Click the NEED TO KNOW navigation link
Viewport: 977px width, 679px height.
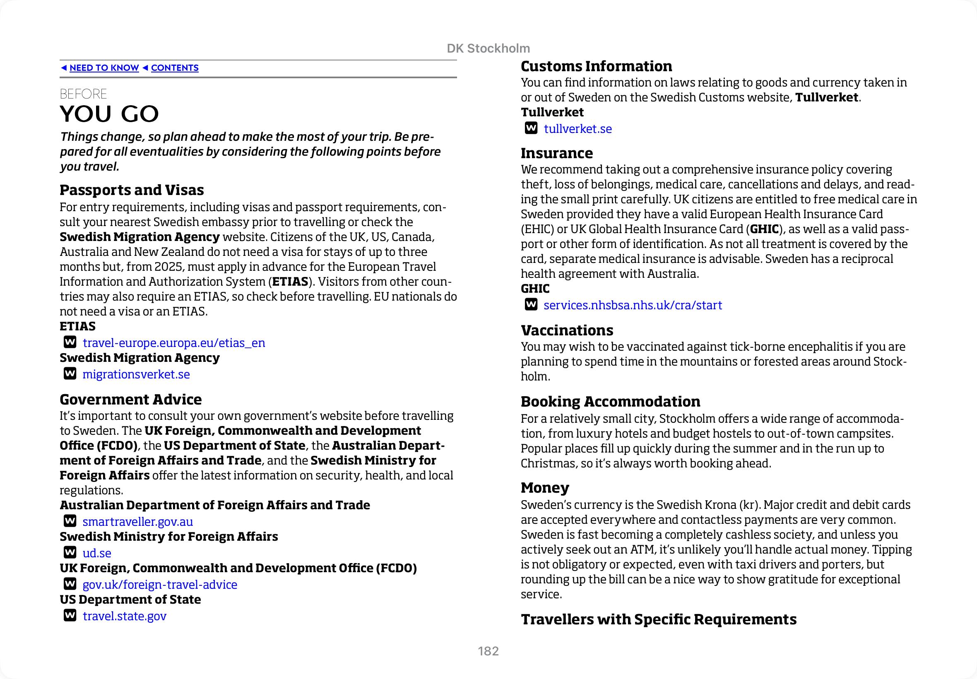coord(104,68)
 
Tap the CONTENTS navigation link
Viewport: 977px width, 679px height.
coord(174,68)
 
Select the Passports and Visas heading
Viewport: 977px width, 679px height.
coord(131,190)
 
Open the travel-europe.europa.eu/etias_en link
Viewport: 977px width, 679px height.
coord(173,343)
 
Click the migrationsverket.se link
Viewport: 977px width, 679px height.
coord(136,374)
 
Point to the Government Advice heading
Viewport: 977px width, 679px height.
coord(130,400)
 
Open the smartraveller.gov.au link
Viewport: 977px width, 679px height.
coord(137,522)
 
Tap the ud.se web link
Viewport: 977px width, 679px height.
coord(96,553)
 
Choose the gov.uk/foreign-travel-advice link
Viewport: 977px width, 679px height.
coord(159,585)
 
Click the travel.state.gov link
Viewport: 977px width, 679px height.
coord(124,616)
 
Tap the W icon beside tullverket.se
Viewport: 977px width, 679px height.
coord(531,128)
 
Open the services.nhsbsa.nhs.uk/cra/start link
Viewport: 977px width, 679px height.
coord(633,305)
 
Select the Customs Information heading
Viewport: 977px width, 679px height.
coord(596,66)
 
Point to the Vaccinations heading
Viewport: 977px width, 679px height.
coord(567,330)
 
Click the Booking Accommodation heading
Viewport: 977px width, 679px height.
coord(610,402)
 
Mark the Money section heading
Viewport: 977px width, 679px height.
coord(545,488)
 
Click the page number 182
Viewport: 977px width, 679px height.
coord(488,651)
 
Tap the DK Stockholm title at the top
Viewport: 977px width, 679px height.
coord(488,48)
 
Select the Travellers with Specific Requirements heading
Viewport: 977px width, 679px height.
coord(658,619)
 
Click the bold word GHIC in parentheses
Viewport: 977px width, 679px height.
coord(764,229)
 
